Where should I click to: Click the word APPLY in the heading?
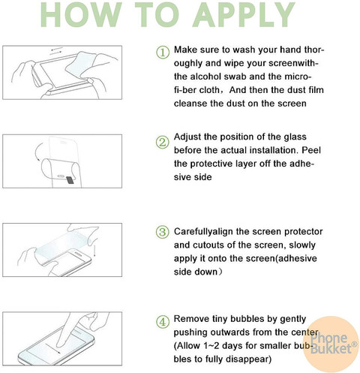click(x=243, y=14)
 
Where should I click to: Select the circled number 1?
click(x=163, y=53)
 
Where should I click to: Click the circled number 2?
click(x=163, y=143)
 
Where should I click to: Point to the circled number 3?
click(x=163, y=232)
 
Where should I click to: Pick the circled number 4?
click(x=163, y=322)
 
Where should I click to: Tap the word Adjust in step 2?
click(x=187, y=137)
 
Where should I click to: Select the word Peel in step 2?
click(x=311, y=150)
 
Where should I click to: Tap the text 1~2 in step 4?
click(x=211, y=346)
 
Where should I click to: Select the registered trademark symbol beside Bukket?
click(x=354, y=344)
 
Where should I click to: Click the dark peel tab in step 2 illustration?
click(x=70, y=180)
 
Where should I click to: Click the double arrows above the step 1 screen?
click(x=56, y=50)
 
